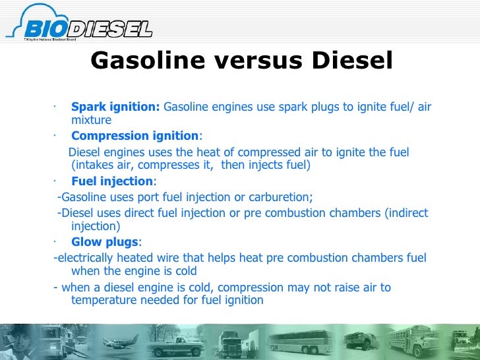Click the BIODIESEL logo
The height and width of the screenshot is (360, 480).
pos(79,27)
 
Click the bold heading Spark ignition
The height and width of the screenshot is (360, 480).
pos(115,107)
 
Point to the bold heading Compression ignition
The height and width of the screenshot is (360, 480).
pos(135,136)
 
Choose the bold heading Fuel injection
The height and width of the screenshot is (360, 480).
pos(111,181)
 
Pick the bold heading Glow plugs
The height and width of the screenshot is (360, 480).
pos(105,241)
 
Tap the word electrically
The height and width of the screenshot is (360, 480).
pos(86,257)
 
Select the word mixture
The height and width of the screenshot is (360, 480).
pos(91,121)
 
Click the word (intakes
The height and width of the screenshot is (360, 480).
pos(95,165)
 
